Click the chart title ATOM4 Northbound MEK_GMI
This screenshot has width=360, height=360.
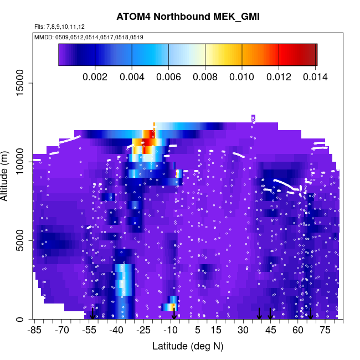[x=188, y=17]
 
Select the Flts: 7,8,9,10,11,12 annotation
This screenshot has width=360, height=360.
[x=59, y=27]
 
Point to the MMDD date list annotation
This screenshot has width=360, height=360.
[x=89, y=37]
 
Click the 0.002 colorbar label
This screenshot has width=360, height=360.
[x=95, y=76]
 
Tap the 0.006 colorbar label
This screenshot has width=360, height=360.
[x=168, y=76]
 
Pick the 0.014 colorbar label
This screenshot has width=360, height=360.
[x=315, y=76]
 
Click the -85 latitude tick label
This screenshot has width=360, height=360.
[x=34, y=331]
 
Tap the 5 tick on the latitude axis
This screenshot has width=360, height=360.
[x=198, y=331]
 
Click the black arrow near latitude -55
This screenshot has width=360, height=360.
[x=92, y=313]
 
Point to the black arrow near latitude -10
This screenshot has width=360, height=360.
[x=174, y=313]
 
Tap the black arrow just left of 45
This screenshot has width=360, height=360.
[x=259, y=313]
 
